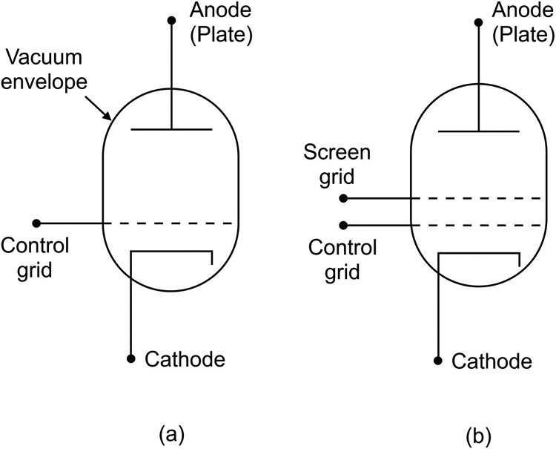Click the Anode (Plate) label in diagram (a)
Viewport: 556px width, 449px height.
[219, 22]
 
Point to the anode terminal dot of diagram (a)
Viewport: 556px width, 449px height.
[171, 21]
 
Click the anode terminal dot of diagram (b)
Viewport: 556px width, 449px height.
[479, 21]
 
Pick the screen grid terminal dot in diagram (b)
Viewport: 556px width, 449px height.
[343, 199]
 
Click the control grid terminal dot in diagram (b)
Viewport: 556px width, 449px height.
[343, 225]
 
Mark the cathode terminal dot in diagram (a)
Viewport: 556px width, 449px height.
[130, 359]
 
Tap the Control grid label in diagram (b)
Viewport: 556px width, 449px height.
[343, 259]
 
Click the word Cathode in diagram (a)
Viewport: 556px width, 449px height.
[185, 360]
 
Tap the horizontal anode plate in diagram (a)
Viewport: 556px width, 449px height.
[171, 130]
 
